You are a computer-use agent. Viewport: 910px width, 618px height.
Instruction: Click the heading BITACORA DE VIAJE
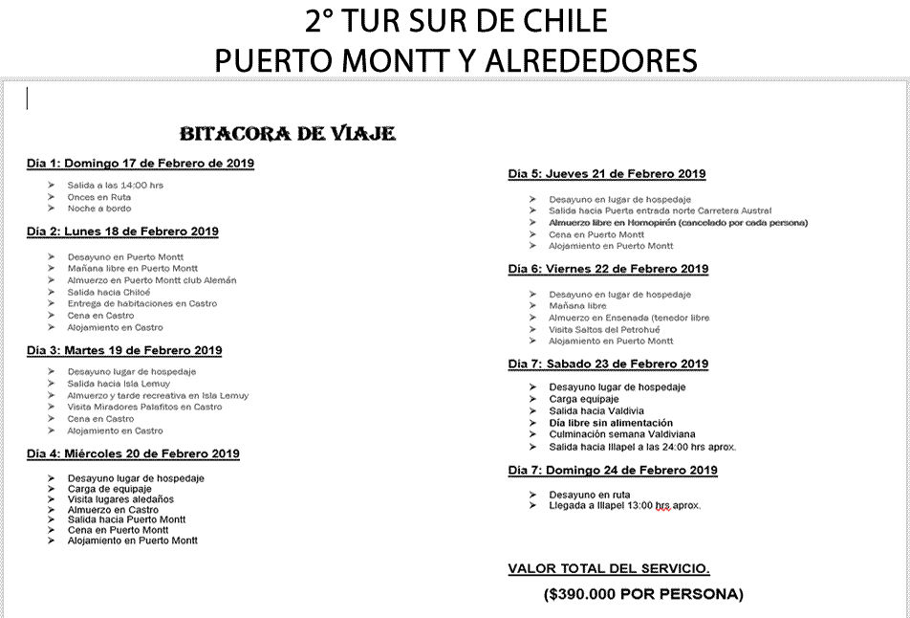[287, 133]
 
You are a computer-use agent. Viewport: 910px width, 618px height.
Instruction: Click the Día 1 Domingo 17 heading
[141, 164]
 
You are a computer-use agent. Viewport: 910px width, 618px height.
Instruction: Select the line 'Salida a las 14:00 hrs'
[115, 185]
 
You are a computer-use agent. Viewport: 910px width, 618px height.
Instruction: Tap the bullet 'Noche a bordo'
[99, 208]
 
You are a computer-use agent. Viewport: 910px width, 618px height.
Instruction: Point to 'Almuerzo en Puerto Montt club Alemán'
[152, 280]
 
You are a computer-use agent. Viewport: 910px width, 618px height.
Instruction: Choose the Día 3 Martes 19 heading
[124, 350]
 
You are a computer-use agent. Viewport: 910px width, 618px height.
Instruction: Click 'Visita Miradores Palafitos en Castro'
[144, 407]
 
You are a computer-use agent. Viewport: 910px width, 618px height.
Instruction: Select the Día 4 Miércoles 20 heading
[133, 453]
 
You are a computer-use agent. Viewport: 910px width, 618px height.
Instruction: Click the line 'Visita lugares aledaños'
[120, 499]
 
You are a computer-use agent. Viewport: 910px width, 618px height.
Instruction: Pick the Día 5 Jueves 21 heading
[607, 174]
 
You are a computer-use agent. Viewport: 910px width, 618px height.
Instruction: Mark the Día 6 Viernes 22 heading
[608, 269]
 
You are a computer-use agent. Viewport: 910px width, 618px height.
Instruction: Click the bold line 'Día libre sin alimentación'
[611, 422]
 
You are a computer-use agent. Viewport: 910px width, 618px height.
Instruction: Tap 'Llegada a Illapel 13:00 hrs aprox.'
[625, 505]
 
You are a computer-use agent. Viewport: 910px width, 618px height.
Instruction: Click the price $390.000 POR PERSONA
[643, 594]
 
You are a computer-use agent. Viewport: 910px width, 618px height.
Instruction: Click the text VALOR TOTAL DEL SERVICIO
[609, 569]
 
